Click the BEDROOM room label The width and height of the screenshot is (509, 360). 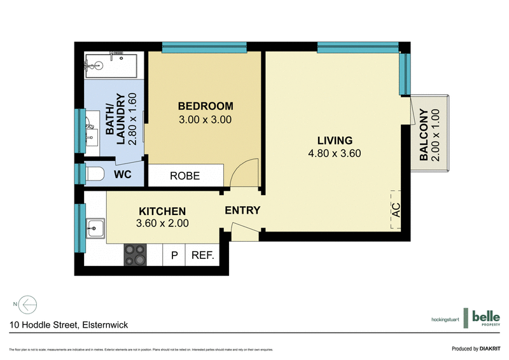pyautogui.click(x=205, y=106)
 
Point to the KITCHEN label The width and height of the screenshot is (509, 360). pyautogui.click(x=162, y=211)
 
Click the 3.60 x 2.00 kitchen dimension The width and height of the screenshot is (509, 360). pyautogui.click(x=162, y=223)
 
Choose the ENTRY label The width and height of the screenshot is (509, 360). pyautogui.click(x=242, y=211)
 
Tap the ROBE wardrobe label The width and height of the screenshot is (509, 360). pyautogui.click(x=185, y=176)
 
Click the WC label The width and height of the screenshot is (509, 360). pyautogui.click(x=123, y=174)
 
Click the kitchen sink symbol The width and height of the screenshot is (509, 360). pyautogui.click(x=96, y=226)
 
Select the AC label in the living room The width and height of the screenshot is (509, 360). pyautogui.click(x=396, y=210)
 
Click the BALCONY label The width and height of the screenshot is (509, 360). pyautogui.click(x=424, y=134)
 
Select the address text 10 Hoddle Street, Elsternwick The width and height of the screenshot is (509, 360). pyautogui.click(x=69, y=325)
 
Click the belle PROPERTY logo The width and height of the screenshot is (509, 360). pyautogui.click(x=485, y=318)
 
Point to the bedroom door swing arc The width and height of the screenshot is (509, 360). pyautogui.click(x=244, y=174)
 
